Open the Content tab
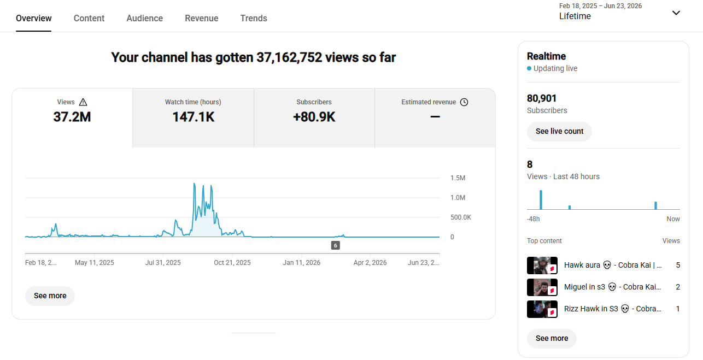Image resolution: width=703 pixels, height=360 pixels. tap(89, 18)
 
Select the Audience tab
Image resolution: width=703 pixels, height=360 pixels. tap(144, 18)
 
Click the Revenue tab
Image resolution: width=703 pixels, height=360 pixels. tap(202, 18)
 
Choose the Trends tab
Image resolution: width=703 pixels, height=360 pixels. tap(254, 18)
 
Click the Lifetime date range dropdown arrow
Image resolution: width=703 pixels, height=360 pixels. tap(676, 13)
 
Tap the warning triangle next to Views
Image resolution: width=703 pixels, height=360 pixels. tap(83, 102)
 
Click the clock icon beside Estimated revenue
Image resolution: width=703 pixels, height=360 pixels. tap(464, 102)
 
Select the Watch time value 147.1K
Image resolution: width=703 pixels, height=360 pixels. tap(194, 117)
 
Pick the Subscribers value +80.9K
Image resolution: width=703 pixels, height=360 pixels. tap(314, 117)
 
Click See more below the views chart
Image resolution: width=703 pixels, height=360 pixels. tap(50, 296)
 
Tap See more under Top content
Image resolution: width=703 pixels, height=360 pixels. tap(552, 338)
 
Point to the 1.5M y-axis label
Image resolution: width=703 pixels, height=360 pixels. tap(458, 178)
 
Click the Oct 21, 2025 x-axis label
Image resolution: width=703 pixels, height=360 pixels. tap(232, 263)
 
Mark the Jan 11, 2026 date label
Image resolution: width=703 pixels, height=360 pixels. tap(301, 263)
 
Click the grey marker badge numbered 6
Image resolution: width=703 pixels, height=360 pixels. tap(336, 245)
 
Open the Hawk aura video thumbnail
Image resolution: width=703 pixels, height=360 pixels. tap(542, 265)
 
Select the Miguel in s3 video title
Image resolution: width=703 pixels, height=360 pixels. tap(612, 287)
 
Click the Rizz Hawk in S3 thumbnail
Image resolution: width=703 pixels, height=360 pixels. tap(542, 309)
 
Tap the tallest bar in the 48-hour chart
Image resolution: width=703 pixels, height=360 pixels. tap(541, 200)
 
